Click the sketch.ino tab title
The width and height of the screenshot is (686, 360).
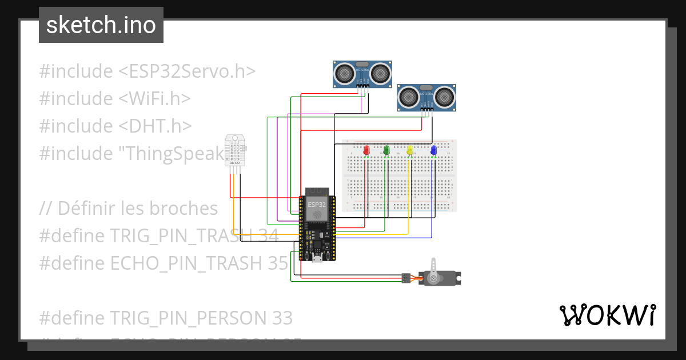101,25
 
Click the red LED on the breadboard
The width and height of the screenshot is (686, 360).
366,150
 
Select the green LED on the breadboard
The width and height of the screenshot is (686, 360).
386,150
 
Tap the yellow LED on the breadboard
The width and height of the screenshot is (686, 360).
410,150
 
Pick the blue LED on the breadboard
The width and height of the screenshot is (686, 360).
433,150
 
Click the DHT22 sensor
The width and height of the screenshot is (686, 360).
234,151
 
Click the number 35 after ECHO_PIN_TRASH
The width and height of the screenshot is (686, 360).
277,262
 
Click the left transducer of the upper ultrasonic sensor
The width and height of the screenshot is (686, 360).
345,73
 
